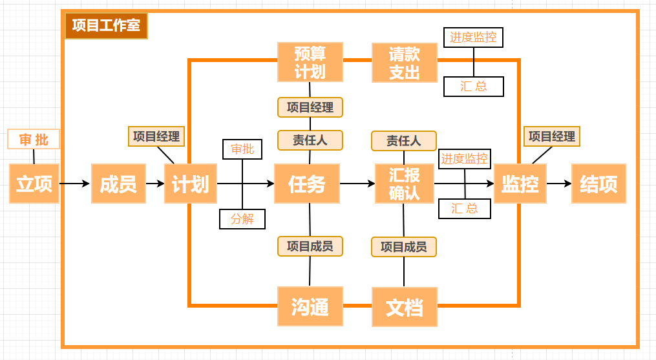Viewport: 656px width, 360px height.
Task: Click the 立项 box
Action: (34, 184)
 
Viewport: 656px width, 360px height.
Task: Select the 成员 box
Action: (118, 184)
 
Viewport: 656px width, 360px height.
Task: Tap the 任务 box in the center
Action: (307, 184)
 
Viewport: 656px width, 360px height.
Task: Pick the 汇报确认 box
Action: (404, 184)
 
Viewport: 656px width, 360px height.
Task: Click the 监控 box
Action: (520, 184)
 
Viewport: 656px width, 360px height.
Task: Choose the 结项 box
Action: (598, 184)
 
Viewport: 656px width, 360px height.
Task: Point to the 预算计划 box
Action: (310, 62)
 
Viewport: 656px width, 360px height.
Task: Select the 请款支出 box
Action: (405, 62)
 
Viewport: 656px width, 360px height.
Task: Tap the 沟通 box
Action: (310, 306)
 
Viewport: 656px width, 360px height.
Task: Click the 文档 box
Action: (405, 306)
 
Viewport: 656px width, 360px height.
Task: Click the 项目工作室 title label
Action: (106, 26)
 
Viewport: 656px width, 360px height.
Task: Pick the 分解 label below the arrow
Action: (242, 219)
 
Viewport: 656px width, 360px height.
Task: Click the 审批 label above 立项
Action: (34, 139)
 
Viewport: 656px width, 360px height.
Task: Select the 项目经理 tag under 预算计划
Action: (310, 107)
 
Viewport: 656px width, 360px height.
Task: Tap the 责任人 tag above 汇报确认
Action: (404, 140)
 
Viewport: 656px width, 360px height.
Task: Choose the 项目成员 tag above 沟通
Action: (310, 246)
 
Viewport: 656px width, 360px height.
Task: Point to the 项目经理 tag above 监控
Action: (552, 136)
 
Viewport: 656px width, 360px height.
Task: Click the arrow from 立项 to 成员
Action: (75, 184)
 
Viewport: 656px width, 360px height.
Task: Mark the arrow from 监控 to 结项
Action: (559, 184)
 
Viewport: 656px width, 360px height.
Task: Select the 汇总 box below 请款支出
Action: (474, 87)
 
